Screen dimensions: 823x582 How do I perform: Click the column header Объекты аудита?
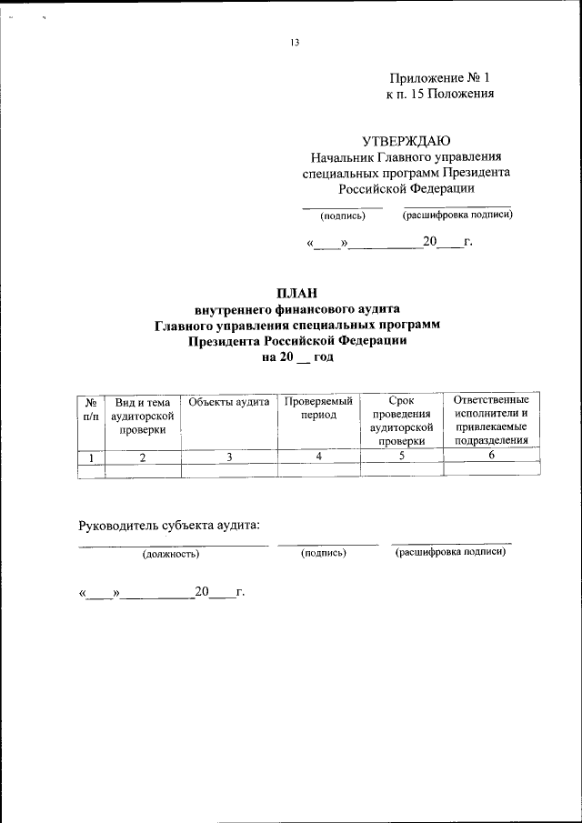click(x=229, y=401)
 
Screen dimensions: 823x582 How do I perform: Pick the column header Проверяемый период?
click(x=318, y=407)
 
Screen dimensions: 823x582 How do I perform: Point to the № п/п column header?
click(x=90, y=407)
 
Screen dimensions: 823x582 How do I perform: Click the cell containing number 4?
click(x=318, y=457)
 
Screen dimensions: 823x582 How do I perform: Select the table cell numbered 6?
click(x=491, y=457)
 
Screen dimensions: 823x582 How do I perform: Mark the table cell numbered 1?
click(x=90, y=457)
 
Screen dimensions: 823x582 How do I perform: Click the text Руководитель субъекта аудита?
click(x=170, y=525)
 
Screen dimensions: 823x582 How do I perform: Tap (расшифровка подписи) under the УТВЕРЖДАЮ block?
click(x=457, y=216)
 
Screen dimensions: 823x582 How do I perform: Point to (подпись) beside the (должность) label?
click(x=324, y=553)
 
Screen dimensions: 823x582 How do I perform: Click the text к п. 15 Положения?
click(x=440, y=94)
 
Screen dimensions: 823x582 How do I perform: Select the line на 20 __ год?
click(x=297, y=358)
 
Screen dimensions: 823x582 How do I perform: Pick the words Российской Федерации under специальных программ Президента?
click(x=406, y=189)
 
